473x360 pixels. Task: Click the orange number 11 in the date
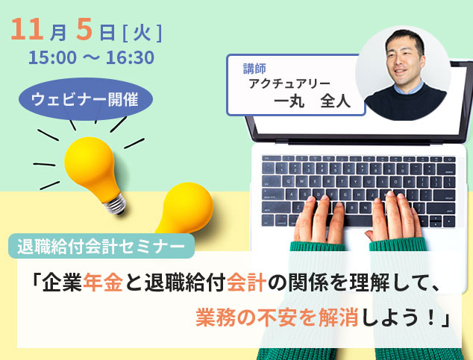click(x=27, y=29)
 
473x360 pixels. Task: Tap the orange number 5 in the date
click(x=84, y=29)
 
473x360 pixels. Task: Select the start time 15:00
click(x=52, y=57)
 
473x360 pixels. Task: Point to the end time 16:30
click(x=130, y=57)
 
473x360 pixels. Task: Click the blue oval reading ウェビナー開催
click(x=86, y=99)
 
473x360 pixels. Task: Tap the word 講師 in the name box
click(x=254, y=69)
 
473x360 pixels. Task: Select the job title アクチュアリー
click(x=289, y=83)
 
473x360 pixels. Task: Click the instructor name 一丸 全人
click(x=313, y=101)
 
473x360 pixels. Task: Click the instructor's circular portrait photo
click(x=403, y=73)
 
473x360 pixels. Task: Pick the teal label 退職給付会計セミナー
click(x=101, y=246)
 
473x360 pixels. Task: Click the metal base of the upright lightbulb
click(x=115, y=204)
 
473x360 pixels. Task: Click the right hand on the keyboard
click(x=394, y=217)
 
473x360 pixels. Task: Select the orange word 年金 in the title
click(x=103, y=282)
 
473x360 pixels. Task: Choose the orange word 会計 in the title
click(x=246, y=282)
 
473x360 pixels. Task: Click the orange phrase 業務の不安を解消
click(x=277, y=318)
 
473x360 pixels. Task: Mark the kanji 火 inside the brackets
click(x=142, y=33)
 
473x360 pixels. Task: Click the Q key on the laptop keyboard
click(x=289, y=181)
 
